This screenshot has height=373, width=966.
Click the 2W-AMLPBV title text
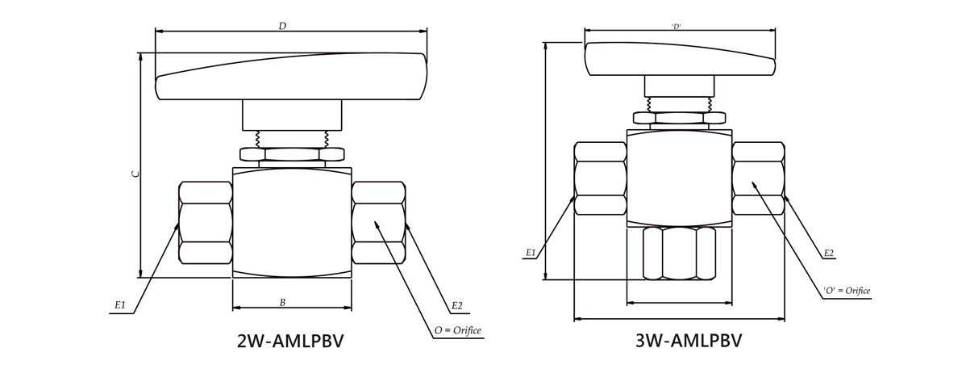pos(290,341)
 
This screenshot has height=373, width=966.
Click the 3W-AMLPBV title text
pos(688,341)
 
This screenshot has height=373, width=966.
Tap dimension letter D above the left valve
pos(282,27)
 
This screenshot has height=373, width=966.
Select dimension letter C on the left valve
pos(136,173)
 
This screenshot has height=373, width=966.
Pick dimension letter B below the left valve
pos(282,303)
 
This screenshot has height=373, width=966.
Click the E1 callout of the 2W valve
pos(120,305)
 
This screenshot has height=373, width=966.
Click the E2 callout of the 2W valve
pos(457,305)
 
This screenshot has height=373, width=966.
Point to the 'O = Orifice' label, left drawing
pos(457,330)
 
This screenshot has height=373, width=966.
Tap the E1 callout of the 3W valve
pos(531,253)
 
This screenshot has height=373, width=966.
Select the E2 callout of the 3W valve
pos(828,253)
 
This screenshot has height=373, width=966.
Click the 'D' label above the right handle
pos(677,27)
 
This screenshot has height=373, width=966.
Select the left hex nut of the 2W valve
pos(206,223)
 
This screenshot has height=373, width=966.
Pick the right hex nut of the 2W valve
pos(378,223)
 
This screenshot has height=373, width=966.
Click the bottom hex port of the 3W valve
pos(680,252)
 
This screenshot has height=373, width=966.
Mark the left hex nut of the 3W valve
pos(600,178)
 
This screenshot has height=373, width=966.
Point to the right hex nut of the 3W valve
pos(758,178)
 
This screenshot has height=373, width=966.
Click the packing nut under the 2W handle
pos(292,153)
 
